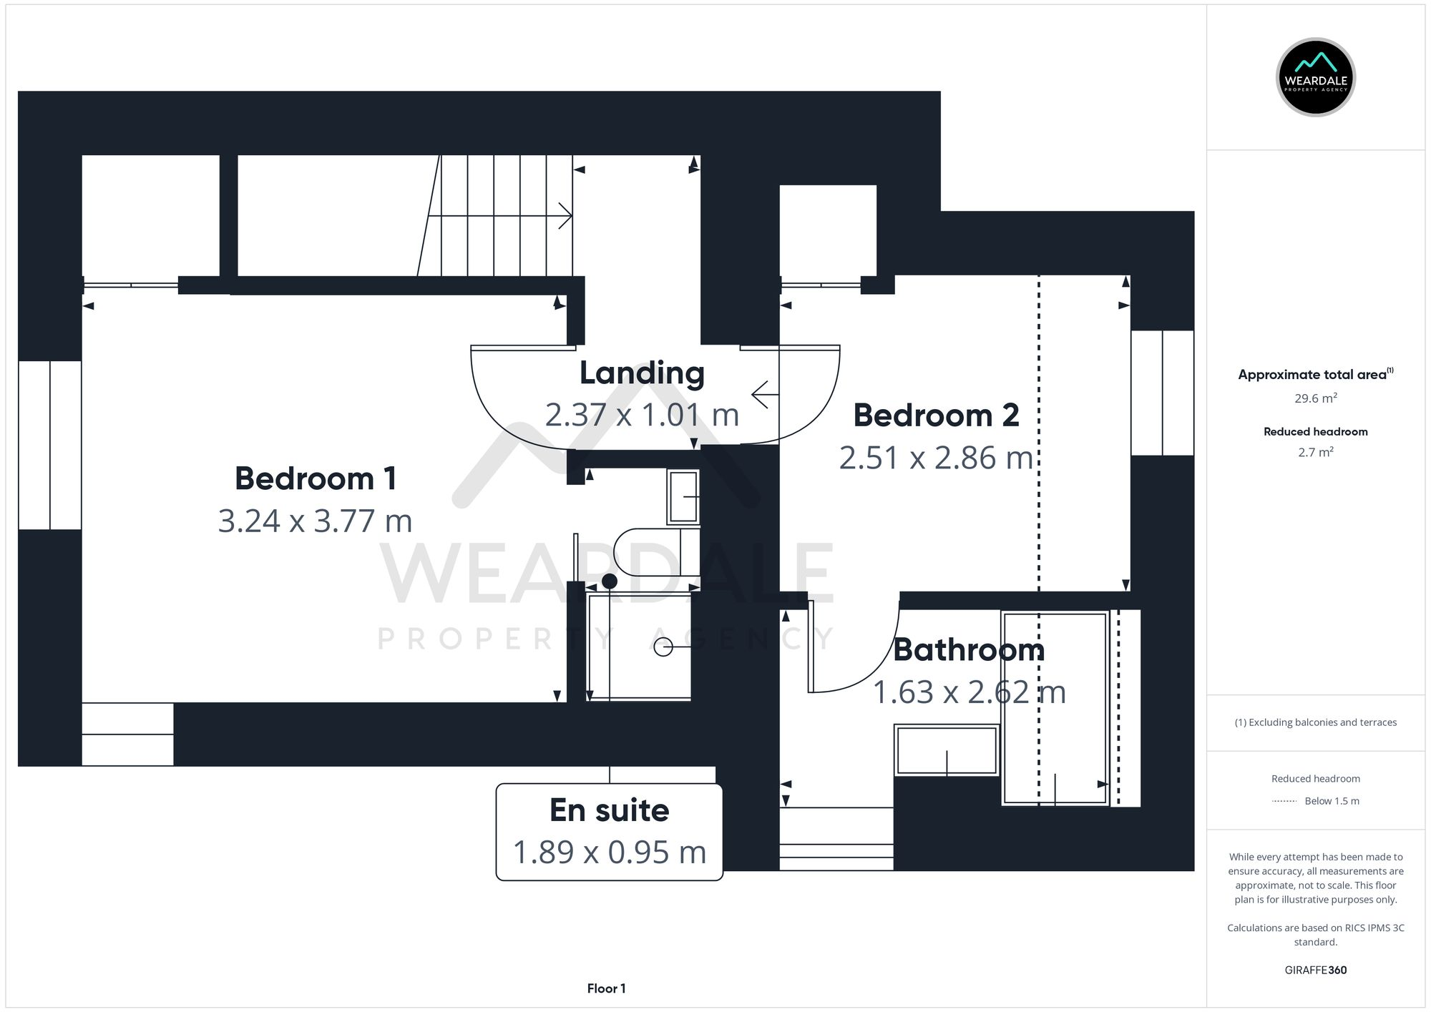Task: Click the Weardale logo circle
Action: point(1315,77)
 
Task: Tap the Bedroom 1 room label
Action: point(316,478)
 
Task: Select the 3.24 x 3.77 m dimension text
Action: point(315,521)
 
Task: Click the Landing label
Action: point(642,373)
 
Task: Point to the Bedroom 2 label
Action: point(936,416)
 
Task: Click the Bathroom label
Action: point(969,649)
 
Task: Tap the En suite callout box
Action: point(609,831)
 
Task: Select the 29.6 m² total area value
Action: point(1315,398)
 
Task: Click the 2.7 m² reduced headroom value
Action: point(1315,452)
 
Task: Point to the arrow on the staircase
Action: point(564,215)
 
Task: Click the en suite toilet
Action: point(655,552)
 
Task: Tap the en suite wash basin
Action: point(683,496)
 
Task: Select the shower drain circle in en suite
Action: point(663,647)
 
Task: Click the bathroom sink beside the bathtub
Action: point(946,750)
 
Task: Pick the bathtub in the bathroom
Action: point(1055,708)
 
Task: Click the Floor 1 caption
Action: point(606,988)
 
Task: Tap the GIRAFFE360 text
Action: point(1315,970)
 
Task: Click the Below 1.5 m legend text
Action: point(1332,801)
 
